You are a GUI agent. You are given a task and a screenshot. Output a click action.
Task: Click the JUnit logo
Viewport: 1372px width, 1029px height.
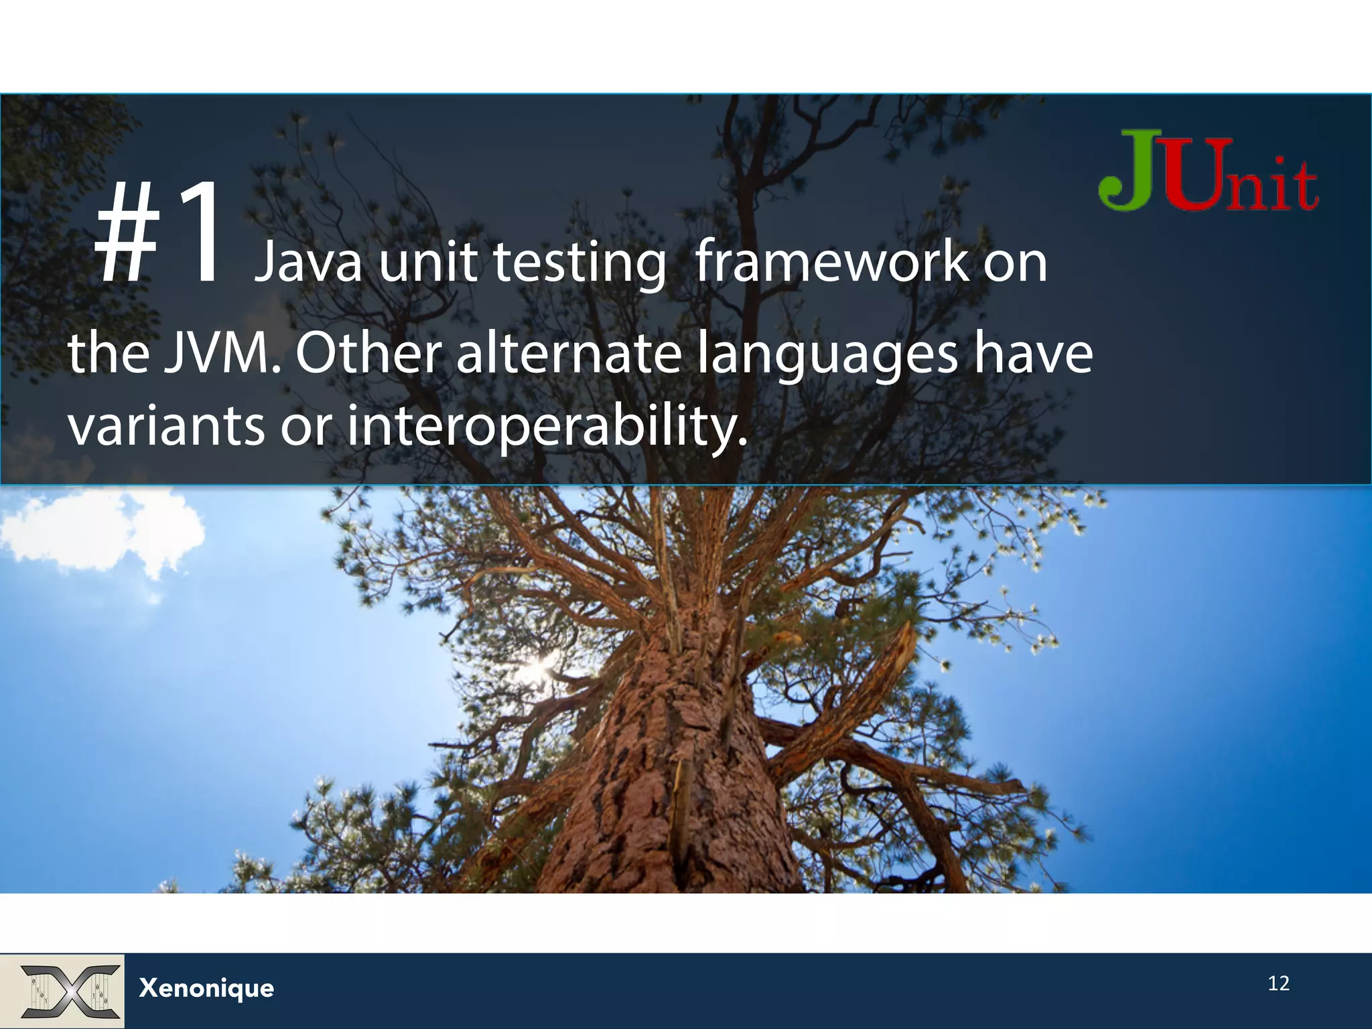click(1209, 172)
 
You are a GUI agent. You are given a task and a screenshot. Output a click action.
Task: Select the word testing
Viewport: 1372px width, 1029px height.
click(579, 263)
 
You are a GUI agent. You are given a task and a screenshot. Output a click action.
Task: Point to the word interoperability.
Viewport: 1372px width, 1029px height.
click(546, 427)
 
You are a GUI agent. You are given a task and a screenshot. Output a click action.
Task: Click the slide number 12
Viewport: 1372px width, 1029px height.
click(1278, 983)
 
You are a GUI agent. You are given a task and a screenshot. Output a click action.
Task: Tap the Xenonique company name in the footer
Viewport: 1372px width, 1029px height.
click(206, 988)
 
